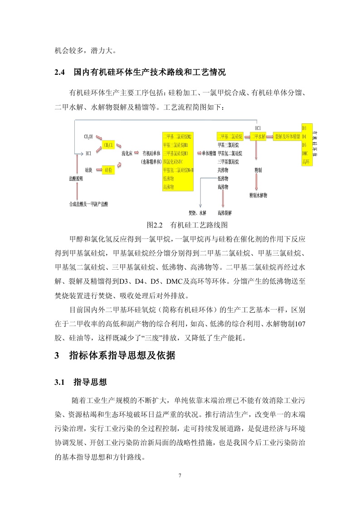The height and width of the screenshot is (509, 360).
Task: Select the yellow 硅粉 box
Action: [109, 170]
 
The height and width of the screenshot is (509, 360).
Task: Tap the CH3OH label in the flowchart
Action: [88, 136]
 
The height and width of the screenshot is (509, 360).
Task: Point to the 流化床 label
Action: [127, 153]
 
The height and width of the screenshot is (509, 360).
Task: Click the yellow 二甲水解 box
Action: [258, 136]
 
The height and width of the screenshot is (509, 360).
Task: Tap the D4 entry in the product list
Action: [304, 136]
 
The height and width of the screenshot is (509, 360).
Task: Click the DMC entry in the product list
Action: [306, 153]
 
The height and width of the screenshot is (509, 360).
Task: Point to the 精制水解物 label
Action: [258, 195]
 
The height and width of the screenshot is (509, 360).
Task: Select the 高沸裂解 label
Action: [224, 212]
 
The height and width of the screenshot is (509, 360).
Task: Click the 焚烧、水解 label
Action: [197, 212]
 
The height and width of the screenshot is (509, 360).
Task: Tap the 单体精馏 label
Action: [209, 153]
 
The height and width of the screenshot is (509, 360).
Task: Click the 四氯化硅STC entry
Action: [176, 161]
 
